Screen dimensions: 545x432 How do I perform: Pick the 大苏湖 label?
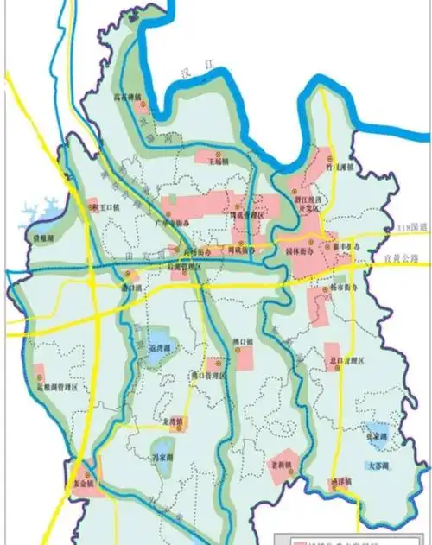pyautogui.click(x=378, y=466)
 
